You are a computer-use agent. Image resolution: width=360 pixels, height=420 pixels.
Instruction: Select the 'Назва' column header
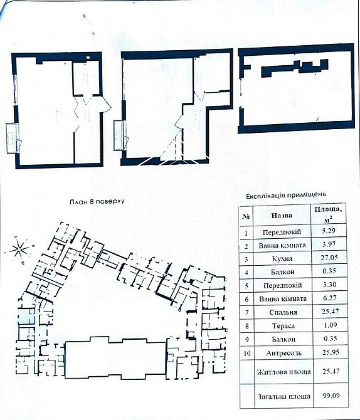pyautogui.click(x=282, y=216)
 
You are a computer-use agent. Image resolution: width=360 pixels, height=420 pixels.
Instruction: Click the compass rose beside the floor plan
pyautogui.click(x=20, y=248)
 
